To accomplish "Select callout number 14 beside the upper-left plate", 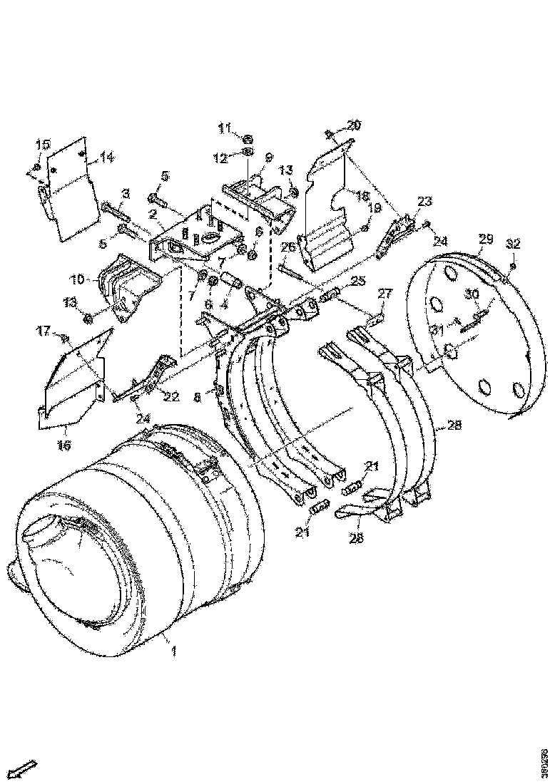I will coord(107,158).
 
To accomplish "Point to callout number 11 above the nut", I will coord(225,128).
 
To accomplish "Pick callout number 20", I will coord(354,125).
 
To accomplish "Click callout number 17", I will coord(44,330).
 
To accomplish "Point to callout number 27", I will coord(385,294).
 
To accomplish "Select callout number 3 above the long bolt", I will coord(125,192).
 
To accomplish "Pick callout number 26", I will coord(287,247).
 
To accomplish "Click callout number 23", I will coord(425,202).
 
